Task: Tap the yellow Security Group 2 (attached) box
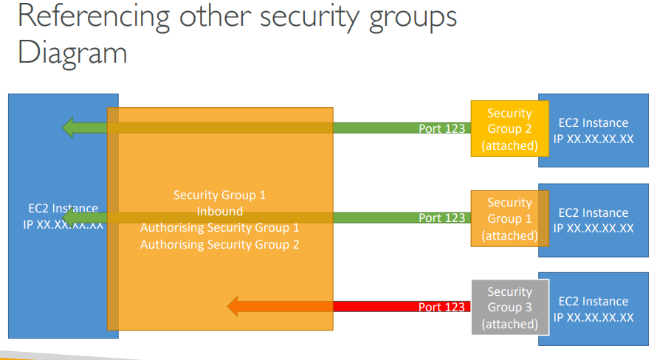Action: [x=509, y=129]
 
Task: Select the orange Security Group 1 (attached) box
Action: [x=509, y=218]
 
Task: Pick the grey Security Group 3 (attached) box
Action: [x=509, y=308]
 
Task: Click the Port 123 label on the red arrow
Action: [x=441, y=307]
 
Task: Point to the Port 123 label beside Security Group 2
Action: [x=441, y=128]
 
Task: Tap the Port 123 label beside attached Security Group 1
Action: [x=441, y=218]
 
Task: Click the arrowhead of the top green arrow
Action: [x=71, y=128]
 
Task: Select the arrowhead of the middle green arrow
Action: [x=71, y=218]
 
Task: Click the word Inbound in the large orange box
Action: [x=220, y=211]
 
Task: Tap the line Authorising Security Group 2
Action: [x=220, y=244]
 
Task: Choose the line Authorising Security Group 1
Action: [x=220, y=227]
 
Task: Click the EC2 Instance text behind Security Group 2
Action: [x=593, y=123]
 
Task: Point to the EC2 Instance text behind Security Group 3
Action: [x=593, y=302]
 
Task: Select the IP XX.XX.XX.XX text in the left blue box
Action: [x=63, y=224]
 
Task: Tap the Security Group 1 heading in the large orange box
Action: [x=220, y=195]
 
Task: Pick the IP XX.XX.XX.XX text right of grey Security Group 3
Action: [x=593, y=317]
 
